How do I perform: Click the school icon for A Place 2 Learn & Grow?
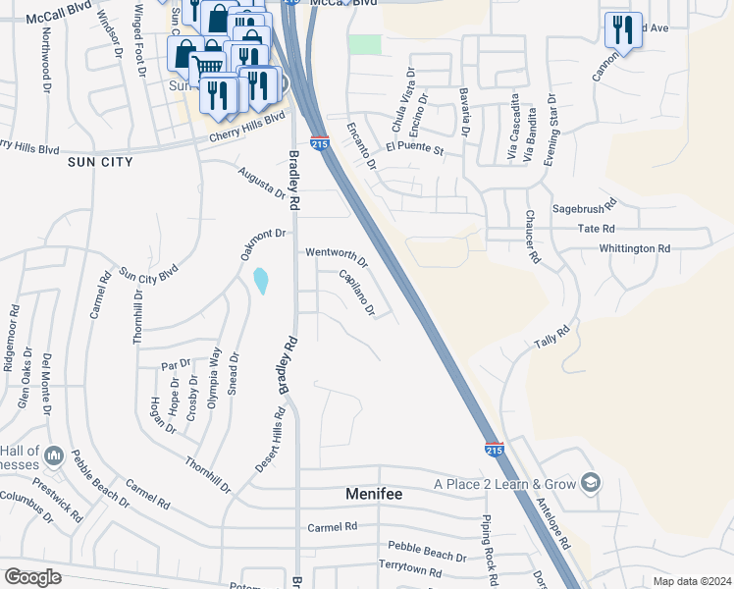591,483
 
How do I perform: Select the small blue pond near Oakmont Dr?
260,282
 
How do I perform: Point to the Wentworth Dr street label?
336,256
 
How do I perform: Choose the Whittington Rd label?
634,248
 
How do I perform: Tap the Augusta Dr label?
261,181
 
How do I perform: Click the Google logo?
32,577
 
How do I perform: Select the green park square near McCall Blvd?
365,43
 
